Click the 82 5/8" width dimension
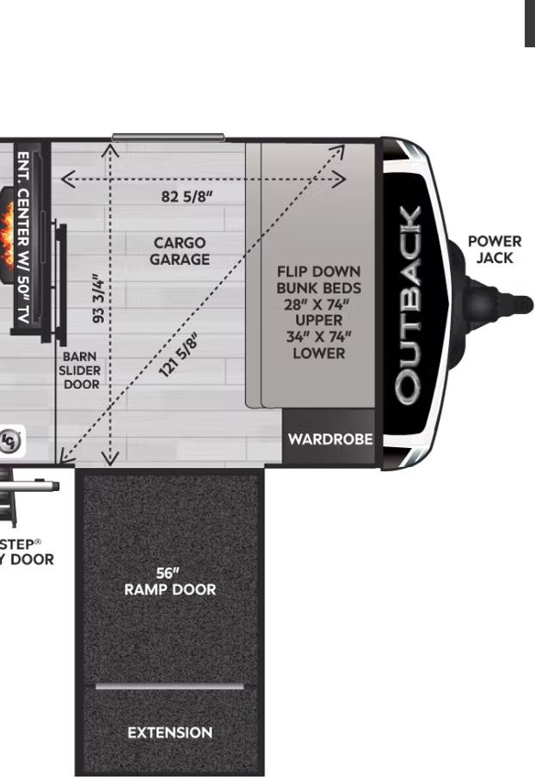(x=187, y=196)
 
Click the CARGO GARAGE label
(x=180, y=251)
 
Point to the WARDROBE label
(x=330, y=439)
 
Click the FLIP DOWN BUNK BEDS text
(x=318, y=279)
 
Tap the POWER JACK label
(x=495, y=249)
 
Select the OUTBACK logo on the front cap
(x=409, y=304)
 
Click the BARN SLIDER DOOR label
(x=82, y=370)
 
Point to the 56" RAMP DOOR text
(x=169, y=581)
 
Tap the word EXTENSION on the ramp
(x=169, y=733)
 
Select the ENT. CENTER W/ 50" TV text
(x=24, y=238)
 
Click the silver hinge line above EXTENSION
(x=169, y=686)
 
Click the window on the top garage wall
(x=168, y=137)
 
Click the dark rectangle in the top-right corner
(x=530, y=23)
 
